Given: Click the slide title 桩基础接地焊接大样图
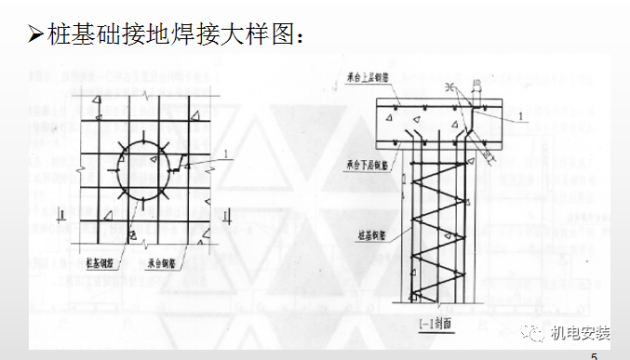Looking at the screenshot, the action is [173, 36].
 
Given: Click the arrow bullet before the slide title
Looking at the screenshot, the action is [36, 36].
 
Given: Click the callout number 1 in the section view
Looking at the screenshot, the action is [523, 115].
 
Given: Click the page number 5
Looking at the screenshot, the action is [595, 354].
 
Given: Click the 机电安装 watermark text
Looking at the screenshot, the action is [581, 332].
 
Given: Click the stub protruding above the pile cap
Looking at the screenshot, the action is [474, 91].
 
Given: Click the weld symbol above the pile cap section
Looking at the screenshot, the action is [450, 87].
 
